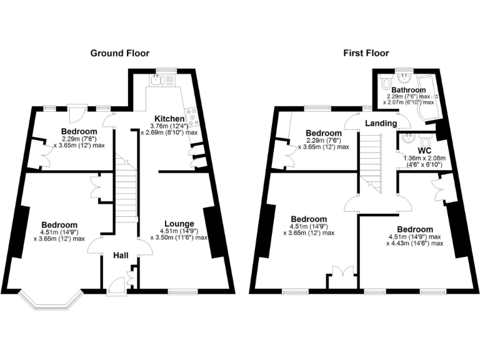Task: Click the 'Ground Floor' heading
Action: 120,53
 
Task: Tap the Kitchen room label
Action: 170,119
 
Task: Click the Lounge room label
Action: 179,224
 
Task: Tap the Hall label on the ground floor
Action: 121,256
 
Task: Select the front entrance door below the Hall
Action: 116,286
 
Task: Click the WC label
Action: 425,151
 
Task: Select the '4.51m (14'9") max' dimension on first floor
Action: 414,237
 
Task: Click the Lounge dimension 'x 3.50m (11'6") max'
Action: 179,238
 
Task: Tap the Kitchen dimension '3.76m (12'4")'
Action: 169,126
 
